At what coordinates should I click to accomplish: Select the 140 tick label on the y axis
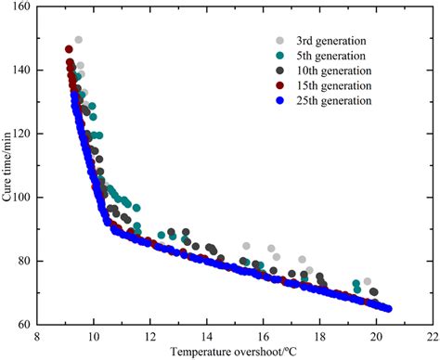pos(19,71)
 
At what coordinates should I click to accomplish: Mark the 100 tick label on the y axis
pos(19,198)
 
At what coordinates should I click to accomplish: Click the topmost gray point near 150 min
pos(79,40)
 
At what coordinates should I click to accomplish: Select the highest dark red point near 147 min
pos(69,49)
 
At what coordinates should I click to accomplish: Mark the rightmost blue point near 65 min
pos(388,309)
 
